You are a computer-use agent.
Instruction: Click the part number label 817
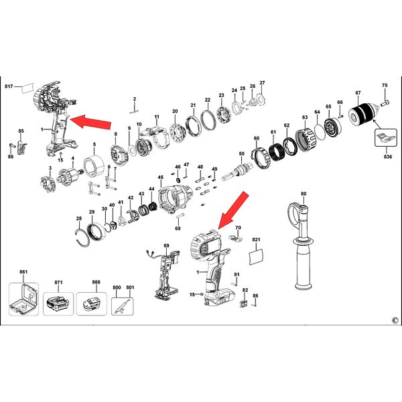pos(9,86)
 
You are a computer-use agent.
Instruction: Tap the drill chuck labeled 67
pos(362,116)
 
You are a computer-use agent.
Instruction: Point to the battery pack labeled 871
pos(58,304)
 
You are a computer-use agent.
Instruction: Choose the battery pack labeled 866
pos(92,304)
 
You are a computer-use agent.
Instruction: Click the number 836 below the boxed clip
pos(388,156)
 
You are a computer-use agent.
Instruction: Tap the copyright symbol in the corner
pos(395,320)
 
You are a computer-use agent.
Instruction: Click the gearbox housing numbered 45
pos(175,198)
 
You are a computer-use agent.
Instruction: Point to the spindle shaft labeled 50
pos(237,172)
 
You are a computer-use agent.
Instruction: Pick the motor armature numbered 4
pos(70,176)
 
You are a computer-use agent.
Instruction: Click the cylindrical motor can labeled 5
pos(94,166)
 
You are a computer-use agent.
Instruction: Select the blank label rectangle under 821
pos(257,257)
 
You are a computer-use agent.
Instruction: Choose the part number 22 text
pos(208,100)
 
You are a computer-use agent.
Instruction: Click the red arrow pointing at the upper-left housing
pos(90,121)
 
